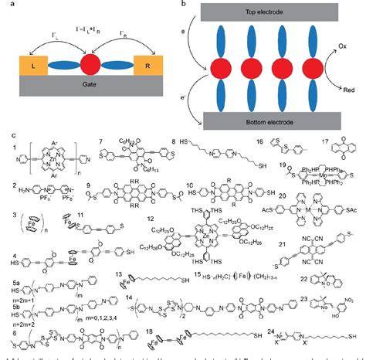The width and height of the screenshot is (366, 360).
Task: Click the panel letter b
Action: (x=181, y=5)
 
